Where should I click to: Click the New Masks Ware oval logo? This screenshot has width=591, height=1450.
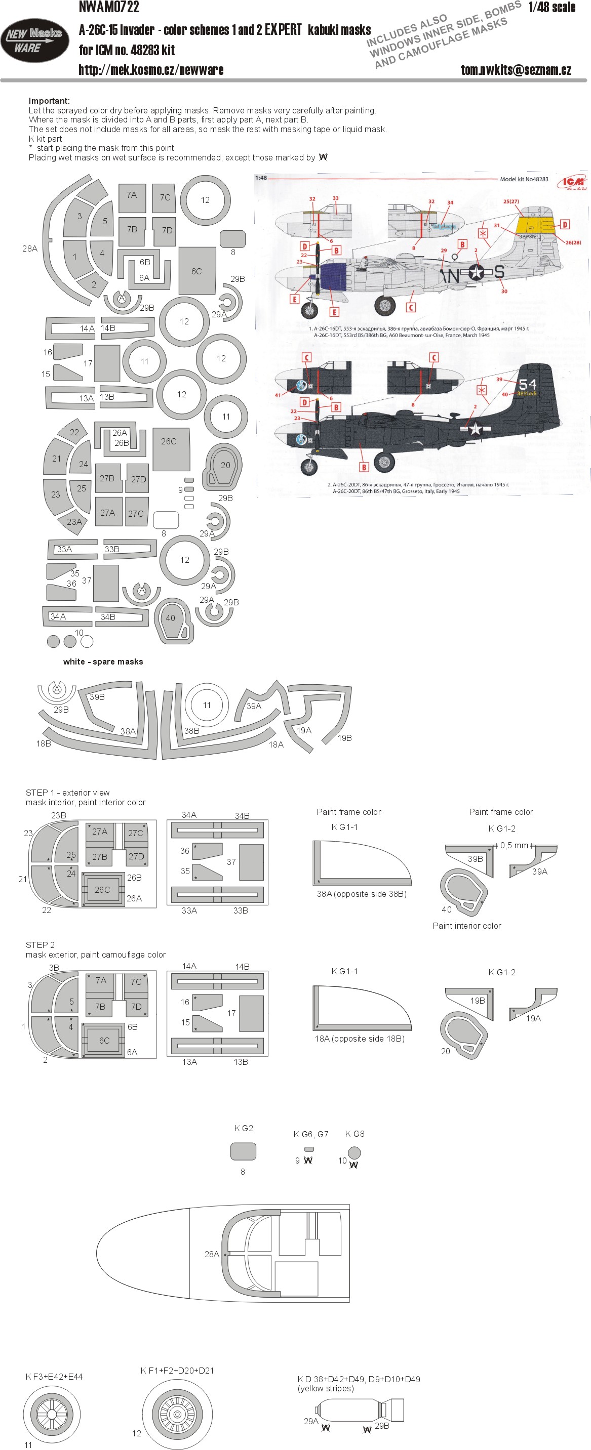click(x=34, y=40)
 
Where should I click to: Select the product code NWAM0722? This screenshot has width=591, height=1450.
click(x=109, y=7)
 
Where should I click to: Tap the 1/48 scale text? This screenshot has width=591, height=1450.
click(x=551, y=7)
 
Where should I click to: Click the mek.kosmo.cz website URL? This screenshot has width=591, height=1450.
click(x=151, y=70)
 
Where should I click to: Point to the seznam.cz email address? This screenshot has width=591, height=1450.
click(x=516, y=70)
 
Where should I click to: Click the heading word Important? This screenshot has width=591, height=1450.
click(x=50, y=101)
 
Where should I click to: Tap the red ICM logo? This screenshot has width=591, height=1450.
click(x=572, y=182)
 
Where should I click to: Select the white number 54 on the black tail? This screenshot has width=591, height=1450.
click(x=527, y=385)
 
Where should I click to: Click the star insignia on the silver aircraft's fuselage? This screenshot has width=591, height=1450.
click(x=476, y=273)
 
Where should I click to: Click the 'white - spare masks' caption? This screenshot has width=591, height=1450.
click(x=103, y=661)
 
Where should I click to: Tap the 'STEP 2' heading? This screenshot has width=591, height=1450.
click(x=40, y=944)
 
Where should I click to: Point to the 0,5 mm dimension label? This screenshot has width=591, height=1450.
click(x=514, y=845)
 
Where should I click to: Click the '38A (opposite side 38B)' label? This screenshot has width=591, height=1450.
click(x=361, y=893)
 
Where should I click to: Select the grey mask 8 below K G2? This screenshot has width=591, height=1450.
click(x=244, y=1150)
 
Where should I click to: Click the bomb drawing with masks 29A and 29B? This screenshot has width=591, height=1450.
click(x=360, y=1409)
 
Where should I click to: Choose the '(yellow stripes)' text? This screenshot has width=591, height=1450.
click(x=326, y=1388)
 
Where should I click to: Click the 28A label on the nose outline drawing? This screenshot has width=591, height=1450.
click(x=212, y=1254)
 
